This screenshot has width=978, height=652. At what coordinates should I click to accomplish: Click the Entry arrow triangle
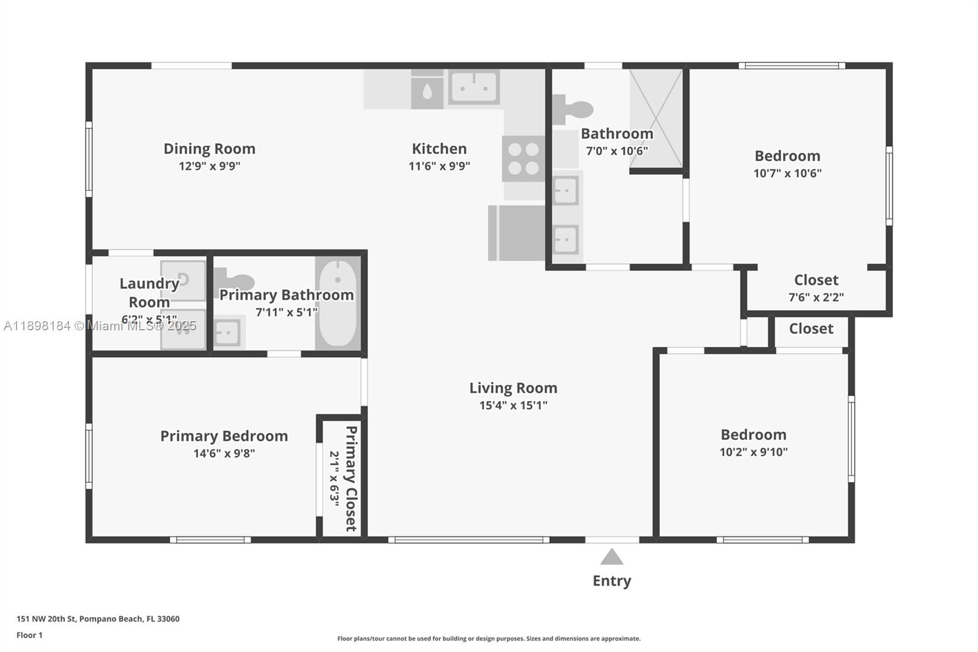pyautogui.click(x=611, y=557)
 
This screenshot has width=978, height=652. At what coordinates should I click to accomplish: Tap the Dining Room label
pyautogui.click(x=209, y=149)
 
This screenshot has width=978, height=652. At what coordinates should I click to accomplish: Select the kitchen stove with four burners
pyautogui.click(x=523, y=159)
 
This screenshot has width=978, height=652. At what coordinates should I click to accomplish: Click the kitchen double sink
pyautogui.click(x=474, y=87)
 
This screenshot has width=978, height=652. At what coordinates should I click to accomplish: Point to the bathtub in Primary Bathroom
pyautogui.click(x=337, y=303)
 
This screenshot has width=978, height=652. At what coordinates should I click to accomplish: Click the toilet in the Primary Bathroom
pyautogui.click(x=235, y=281)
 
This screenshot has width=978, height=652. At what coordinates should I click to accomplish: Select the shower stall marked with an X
pyautogui.click(x=656, y=117)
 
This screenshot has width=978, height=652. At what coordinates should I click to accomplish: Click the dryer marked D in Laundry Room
pyautogui.click(x=183, y=281)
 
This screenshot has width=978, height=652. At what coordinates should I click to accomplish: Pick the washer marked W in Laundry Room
pyautogui.click(x=183, y=329)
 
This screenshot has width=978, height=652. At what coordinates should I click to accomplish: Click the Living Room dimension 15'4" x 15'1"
pyautogui.click(x=513, y=405)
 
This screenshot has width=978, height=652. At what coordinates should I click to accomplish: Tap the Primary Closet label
pyautogui.click(x=351, y=478)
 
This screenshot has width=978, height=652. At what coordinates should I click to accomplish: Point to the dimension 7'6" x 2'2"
pyautogui.click(x=816, y=297)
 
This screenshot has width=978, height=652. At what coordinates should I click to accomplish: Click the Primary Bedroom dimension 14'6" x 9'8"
pyautogui.click(x=224, y=453)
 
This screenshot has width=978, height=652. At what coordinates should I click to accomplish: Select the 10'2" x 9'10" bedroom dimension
pyautogui.click(x=753, y=452)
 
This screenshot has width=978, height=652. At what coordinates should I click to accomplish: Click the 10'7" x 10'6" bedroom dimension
pyautogui.click(x=787, y=173)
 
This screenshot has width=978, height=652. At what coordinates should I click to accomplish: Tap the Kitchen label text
pyautogui.click(x=439, y=149)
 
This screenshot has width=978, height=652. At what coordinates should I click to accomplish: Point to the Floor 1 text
pyautogui.click(x=29, y=635)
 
